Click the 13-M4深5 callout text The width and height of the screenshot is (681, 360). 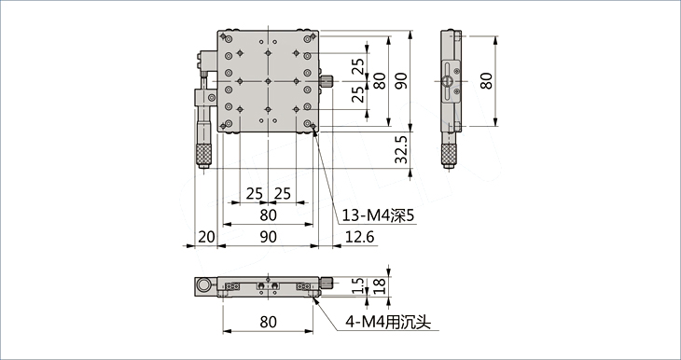(378, 215)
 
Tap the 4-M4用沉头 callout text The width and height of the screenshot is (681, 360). (388, 322)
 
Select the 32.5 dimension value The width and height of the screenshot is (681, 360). (401, 150)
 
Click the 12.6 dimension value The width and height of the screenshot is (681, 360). (359, 237)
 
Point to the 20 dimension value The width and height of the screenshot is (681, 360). (206, 237)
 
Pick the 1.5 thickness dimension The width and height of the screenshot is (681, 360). (357, 285)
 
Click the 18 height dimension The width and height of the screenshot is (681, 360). (379, 285)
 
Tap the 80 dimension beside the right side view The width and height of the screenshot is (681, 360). (486, 81)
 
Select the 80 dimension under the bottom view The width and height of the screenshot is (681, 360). (268, 322)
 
